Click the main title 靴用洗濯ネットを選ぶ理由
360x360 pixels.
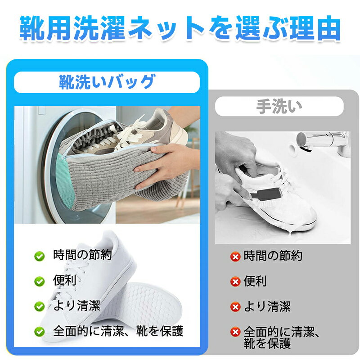(x=180, y=28)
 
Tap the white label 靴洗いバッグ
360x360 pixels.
(x=107, y=82)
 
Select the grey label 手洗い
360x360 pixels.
(x=279, y=106)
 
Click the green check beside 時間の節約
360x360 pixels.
(x=39, y=256)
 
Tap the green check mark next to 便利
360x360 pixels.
(x=39, y=281)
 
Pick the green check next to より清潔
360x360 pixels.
(x=39, y=306)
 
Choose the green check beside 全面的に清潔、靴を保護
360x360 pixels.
(x=39, y=332)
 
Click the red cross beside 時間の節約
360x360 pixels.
(x=235, y=256)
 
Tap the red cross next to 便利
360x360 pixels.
(x=235, y=282)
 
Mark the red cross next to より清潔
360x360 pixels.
(x=235, y=307)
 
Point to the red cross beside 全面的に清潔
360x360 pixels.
(x=235, y=332)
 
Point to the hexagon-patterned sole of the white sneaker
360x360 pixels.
(x=142, y=306)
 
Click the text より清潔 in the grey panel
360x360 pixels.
(x=267, y=307)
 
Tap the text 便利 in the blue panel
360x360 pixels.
(x=64, y=280)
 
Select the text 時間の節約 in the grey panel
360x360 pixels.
(x=273, y=256)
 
